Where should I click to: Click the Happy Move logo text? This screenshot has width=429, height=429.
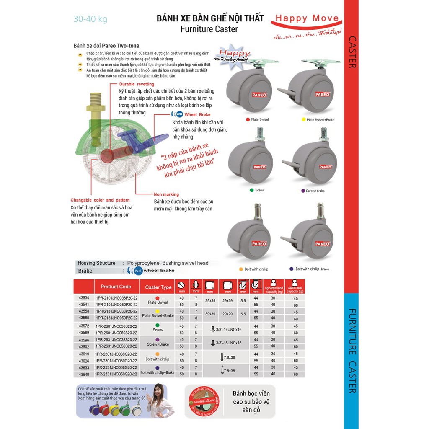pyautogui.click(x=307, y=18)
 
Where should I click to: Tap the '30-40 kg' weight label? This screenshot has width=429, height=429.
pyautogui.click(x=90, y=19)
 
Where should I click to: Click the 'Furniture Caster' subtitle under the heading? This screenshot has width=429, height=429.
pyautogui.click(x=209, y=29)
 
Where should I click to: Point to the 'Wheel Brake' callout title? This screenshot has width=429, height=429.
pyautogui.click(x=197, y=114)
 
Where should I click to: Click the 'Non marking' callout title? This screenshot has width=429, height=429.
pyautogui.click(x=166, y=194)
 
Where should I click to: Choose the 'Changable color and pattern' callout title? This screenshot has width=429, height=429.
pyautogui.click(x=100, y=200)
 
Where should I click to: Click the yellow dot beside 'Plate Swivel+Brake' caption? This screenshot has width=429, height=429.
pyautogui.click(x=303, y=120)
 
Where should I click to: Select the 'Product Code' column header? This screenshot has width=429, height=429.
pyautogui.click(x=116, y=287)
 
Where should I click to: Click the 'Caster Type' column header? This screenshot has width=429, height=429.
pyautogui.click(x=158, y=287)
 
